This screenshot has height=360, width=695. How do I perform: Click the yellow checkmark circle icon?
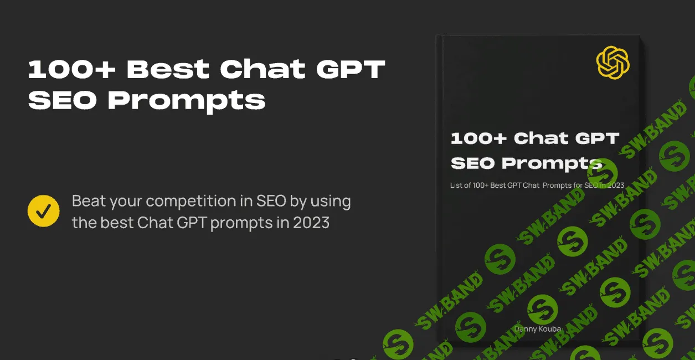coord(44,211)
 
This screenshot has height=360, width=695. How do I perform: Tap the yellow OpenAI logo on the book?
coord(613,63)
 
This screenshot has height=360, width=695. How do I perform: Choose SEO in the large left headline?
coord(63,101)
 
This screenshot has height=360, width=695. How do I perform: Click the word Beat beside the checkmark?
coord(89,200)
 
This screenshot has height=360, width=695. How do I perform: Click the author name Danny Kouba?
coord(538,328)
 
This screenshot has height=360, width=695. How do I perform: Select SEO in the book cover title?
coord(473,163)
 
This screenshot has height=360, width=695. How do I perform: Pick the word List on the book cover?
coord(456,186)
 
